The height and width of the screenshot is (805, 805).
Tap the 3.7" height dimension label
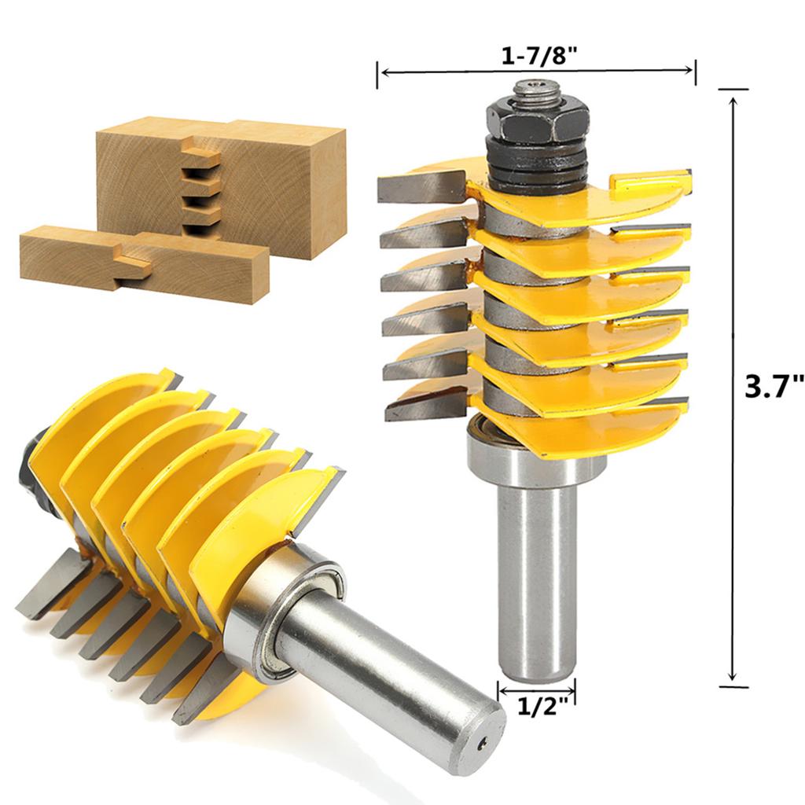pos(774,387)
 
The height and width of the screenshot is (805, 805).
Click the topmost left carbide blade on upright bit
pos(413,187)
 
